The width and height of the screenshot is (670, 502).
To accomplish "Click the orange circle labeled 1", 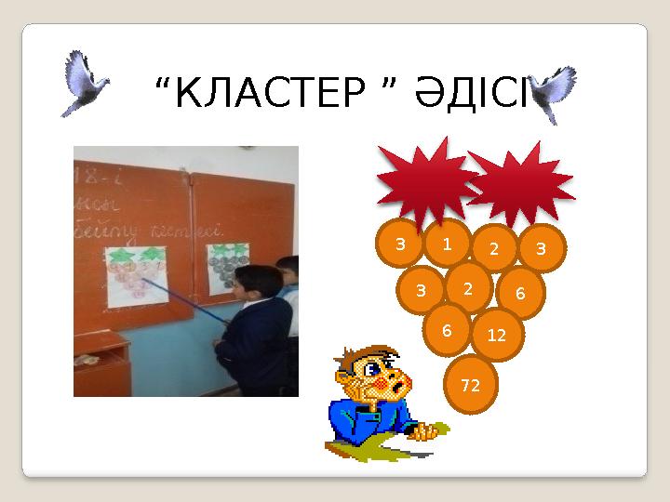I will coord(448,244).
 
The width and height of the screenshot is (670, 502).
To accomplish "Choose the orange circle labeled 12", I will coord(497,335).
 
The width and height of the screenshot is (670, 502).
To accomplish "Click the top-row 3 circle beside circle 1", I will coord(400,245).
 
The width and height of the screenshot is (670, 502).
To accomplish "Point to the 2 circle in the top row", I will coord(494,248).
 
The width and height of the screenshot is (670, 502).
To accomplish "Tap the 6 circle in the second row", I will coord(520,293).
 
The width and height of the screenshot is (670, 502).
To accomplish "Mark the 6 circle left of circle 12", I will coord(448,330).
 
